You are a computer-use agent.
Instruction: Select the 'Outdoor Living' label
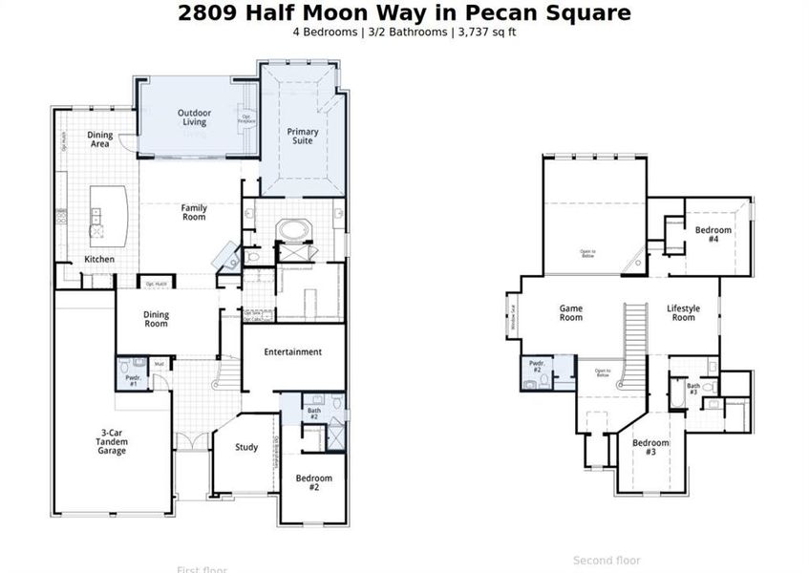(x=194, y=117)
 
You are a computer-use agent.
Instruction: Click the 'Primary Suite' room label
(x=304, y=136)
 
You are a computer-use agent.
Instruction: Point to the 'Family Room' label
(x=194, y=212)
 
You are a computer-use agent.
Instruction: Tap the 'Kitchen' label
(x=99, y=260)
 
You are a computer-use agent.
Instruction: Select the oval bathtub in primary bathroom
(x=291, y=230)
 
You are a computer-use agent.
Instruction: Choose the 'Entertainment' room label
(x=293, y=352)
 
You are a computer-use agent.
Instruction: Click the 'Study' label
(x=246, y=447)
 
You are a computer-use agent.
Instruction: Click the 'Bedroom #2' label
(x=313, y=482)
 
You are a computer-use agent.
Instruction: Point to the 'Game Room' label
(x=570, y=313)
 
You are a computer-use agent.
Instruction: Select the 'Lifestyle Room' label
(x=683, y=313)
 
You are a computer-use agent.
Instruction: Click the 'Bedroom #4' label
(x=713, y=234)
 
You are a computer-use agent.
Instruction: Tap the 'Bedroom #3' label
(x=650, y=447)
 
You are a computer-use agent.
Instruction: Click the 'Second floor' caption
(x=607, y=561)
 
